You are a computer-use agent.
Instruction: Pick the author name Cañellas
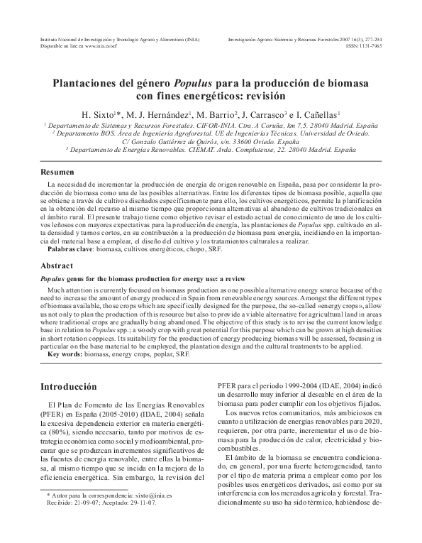pyautogui.click(x=321, y=114)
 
